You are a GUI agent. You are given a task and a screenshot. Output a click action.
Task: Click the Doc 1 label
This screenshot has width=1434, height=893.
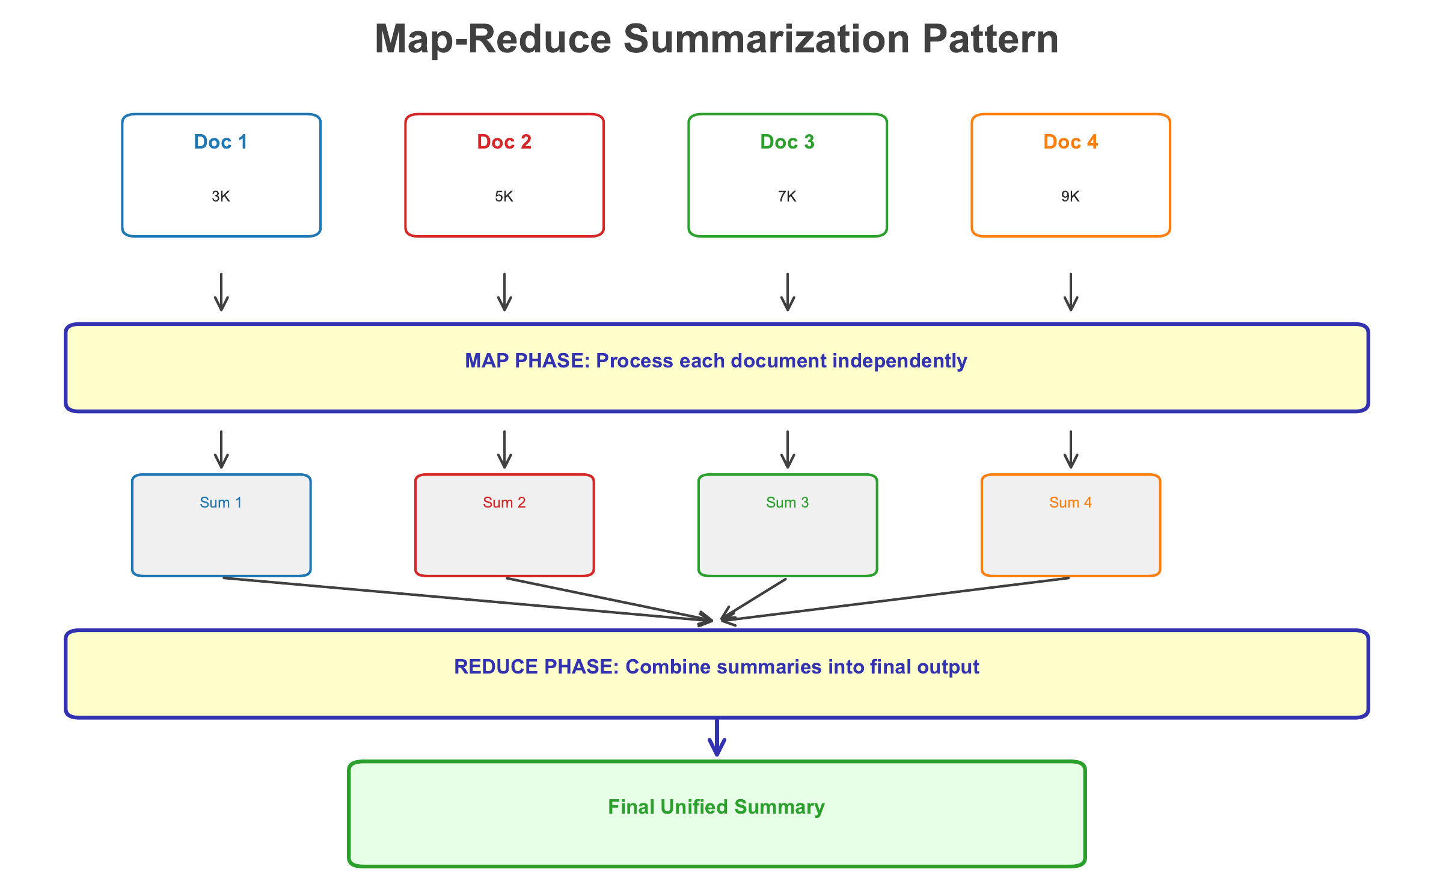coord(221,142)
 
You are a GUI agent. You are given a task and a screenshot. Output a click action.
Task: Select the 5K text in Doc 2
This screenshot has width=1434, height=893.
coord(504,197)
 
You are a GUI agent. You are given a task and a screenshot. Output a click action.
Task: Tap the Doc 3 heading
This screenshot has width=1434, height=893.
coord(787,142)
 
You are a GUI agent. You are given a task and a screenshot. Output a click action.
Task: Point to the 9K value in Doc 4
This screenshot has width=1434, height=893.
coord(1070,197)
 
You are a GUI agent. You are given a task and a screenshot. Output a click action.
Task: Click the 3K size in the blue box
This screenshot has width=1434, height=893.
coord(221,197)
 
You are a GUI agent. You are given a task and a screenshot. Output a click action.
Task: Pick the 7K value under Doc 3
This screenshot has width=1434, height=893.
coord(787,197)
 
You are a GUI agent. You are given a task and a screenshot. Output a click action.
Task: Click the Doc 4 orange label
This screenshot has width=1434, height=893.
coord(1070,142)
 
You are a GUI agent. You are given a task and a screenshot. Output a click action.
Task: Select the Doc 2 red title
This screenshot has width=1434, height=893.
coord(504,142)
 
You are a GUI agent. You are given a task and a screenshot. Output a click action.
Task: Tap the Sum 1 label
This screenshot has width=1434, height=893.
coord(221,503)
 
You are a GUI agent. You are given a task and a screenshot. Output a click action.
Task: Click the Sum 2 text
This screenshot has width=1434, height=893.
coord(504,503)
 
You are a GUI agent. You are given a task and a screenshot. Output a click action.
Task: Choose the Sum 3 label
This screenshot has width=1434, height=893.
coord(787,503)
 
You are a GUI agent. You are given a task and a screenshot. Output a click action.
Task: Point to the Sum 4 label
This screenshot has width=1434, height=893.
coord(1070,503)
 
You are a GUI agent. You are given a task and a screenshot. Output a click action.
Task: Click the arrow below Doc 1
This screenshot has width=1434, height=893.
coord(221,292)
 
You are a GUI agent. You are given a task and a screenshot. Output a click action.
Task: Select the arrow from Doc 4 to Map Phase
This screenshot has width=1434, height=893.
coord(1071,292)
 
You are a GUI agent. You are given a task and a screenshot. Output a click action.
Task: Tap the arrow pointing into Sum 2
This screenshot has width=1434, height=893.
coord(504,449)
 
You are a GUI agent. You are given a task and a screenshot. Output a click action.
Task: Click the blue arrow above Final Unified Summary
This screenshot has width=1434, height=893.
coord(717,737)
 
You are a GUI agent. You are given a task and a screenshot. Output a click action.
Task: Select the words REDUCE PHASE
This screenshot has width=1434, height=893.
coord(536,667)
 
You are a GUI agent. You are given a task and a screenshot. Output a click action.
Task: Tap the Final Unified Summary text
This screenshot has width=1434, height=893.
coord(716,807)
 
